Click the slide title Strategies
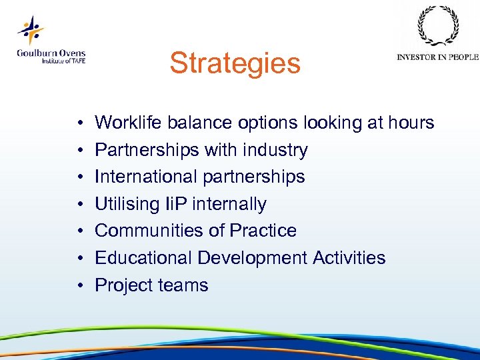(235, 64)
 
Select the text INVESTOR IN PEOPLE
(437, 57)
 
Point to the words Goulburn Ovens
(51, 53)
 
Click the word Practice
(263, 231)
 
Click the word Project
(122, 285)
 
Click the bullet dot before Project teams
(79, 286)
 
